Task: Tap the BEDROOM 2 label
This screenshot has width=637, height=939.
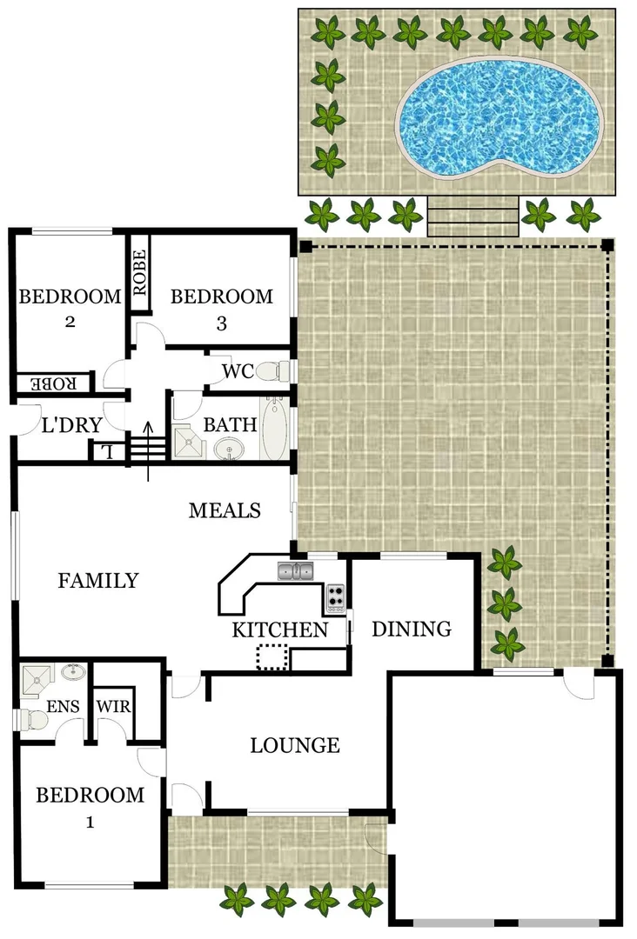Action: click(70, 308)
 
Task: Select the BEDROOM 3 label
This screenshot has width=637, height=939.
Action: click(221, 309)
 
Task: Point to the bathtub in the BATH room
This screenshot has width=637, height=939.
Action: click(274, 430)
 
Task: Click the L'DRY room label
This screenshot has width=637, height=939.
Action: click(72, 426)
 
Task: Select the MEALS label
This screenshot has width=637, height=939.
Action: click(225, 510)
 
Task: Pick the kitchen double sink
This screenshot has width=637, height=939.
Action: click(296, 571)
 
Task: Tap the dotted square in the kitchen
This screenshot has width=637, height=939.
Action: click(272, 657)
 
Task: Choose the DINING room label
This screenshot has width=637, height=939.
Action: click(412, 629)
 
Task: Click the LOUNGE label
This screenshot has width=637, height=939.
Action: click(294, 745)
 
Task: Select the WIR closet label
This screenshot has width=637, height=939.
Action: click(113, 706)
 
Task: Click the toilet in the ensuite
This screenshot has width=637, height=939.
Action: click(33, 720)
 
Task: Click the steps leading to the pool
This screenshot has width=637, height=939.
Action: click(473, 216)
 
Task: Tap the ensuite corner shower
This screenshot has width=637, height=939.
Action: click(36, 681)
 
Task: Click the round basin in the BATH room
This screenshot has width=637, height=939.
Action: click(232, 448)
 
